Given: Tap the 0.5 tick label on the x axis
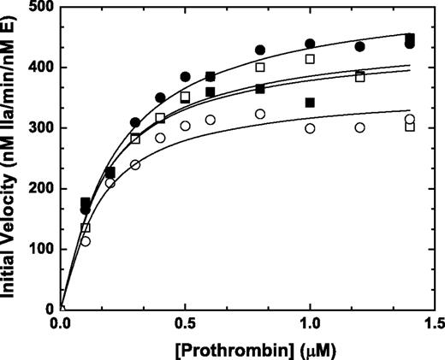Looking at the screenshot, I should click(x=185, y=326).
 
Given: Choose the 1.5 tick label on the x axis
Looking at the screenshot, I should click(x=434, y=326).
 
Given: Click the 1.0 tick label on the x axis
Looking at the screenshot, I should click(x=309, y=326).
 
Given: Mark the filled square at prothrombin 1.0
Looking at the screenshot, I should click(x=310, y=103).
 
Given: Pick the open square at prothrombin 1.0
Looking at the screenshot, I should click(x=310, y=59).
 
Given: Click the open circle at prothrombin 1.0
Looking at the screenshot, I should click(x=310, y=128).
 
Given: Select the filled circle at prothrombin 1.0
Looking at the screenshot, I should click(x=310, y=44).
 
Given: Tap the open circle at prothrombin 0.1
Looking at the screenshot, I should click(x=86, y=241).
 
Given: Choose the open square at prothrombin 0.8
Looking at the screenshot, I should click(x=260, y=67).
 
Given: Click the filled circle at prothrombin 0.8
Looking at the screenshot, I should click(x=260, y=50).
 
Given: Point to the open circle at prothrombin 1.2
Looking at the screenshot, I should click(x=359, y=127).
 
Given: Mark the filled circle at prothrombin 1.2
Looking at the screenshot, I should click(x=359, y=46).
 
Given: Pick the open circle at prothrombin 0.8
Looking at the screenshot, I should click(x=260, y=114).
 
